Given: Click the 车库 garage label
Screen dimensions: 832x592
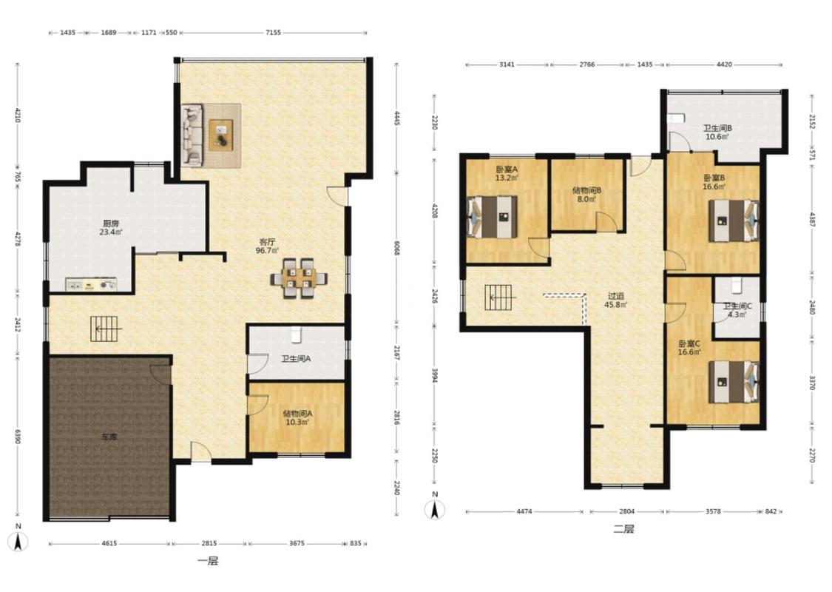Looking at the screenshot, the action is pyautogui.click(x=110, y=437).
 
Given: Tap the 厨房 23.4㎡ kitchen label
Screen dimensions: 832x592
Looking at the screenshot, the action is pyautogui.click(x=111, y=228).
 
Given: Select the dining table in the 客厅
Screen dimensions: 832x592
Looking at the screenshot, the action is pyautogui.click(x=299, y=278).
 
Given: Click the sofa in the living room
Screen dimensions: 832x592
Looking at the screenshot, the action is pyautogui.click(x=192, y=135).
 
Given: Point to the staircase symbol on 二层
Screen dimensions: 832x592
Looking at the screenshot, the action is pyautogui.click(x=498, y=298).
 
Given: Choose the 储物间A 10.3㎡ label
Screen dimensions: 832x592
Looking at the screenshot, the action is pyautogui.click(x=297, y=417).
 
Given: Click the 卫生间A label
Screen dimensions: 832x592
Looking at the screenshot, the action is pyautogui.click(x=296, y=359).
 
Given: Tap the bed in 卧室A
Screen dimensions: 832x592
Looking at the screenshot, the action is pyautogui.click(x=492, y=217).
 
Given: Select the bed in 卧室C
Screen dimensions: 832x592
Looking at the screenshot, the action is pyautogui.click(x=734, y=382).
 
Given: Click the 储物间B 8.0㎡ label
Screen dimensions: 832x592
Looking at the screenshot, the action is pyautogui.click(x=586, y=195).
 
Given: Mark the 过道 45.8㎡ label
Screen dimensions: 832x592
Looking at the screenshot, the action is pyautogui.click(x=616, y=300).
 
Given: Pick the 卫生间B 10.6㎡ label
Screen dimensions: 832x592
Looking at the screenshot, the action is pyautogui.click(x=717, y=132).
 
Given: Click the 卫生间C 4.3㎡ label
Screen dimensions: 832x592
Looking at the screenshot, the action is pyautogui.click(x=737, y=310).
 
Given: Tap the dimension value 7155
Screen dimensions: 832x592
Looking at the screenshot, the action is pyautogui.click(x=273, y=33).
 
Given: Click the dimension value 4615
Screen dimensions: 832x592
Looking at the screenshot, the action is pyautogui.click(x=109, y=543).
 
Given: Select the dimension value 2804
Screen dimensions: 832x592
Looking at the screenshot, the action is pyautogui.click(x=626, y=511).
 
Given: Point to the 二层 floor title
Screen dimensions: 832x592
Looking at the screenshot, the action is pyautogui.click(x=623, y=529).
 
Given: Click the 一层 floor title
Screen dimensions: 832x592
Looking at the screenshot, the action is pyautogui.click(x=208, y=561).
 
